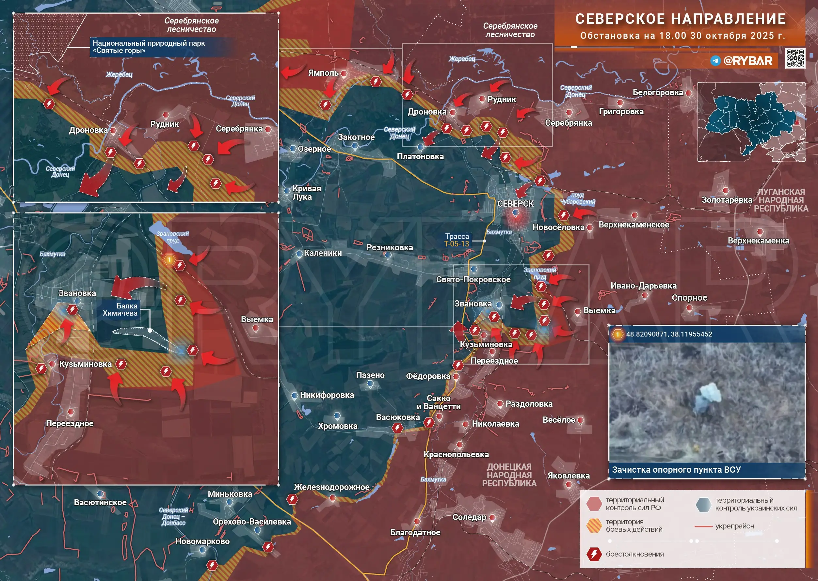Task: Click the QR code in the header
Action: (795, 58)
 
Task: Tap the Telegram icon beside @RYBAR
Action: (715, 61)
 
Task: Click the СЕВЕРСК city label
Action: (515, 204)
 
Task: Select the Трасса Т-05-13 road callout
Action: (457, 240)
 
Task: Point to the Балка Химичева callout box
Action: (120, 309)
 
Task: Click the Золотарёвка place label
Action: (726, 200)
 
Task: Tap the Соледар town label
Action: (469, 517)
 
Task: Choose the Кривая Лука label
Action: (306, 193)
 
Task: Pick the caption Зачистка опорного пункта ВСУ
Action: (676, 470)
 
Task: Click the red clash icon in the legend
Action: (594, 554)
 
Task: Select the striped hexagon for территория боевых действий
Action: (594, 526)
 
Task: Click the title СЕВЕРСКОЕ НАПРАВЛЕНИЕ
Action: (680, 19)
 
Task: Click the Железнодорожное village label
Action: (331, 487)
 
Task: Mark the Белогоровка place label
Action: (658, 93)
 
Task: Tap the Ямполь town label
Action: (323, 73)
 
